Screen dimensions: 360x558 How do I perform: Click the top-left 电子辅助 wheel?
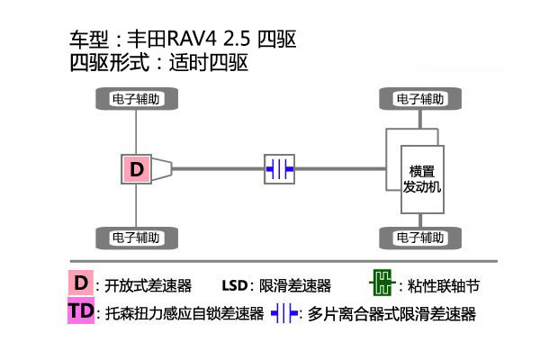coord(136,98)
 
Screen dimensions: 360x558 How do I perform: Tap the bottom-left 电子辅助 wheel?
coord(136,238)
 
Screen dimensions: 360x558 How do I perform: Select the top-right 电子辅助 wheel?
coord(419,98)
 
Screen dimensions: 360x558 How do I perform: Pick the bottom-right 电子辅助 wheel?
coord(419,238)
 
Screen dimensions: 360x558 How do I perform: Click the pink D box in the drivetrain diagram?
coord(136,168)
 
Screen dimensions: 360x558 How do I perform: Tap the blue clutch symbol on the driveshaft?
coord(280,168)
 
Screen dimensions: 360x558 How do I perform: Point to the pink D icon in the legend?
coord(81,284)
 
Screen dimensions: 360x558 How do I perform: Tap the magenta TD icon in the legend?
coord(81,312)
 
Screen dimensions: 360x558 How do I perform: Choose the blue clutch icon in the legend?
coord(283,314)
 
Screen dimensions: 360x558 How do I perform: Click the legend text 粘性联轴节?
coord(443,286)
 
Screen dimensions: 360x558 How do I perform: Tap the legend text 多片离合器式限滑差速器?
coord(391,314)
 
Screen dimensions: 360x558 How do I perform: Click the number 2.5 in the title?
coord(236,40)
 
